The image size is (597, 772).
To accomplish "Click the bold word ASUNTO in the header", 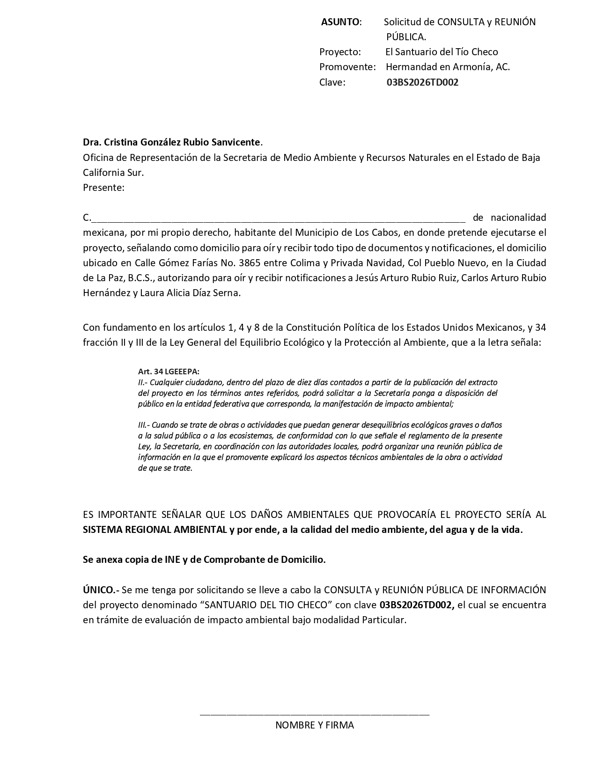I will (340, 22).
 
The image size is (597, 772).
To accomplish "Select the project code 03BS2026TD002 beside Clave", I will (422, 83).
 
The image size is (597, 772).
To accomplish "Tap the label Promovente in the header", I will (347, 67).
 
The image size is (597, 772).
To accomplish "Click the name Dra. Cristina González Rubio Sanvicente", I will (171, 142).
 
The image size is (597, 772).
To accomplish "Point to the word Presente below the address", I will (103, 188).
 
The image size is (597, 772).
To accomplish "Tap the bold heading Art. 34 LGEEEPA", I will (169, 371).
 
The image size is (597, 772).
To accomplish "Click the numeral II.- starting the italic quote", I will (143, 382).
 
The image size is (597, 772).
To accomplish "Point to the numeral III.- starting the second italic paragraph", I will (144, 425).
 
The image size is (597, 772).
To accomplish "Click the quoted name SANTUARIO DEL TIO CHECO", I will (266, 604).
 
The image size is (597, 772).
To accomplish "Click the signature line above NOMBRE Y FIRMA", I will (314, 714).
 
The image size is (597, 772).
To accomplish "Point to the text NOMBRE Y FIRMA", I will (314, 726).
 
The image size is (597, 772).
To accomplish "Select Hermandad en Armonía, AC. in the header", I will (448, 67).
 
